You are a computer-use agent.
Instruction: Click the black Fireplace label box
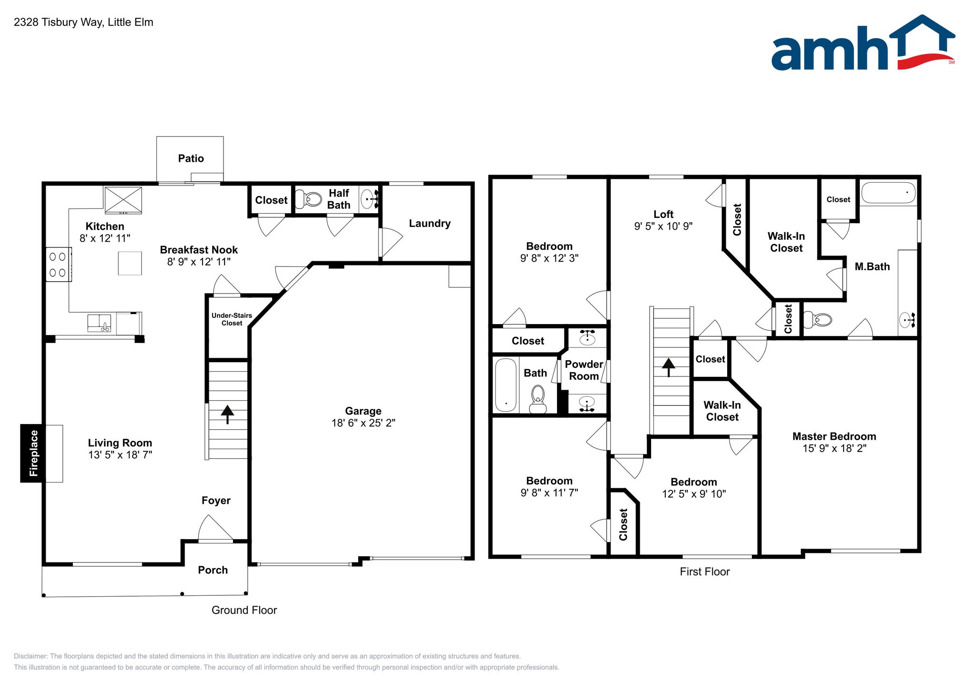click(x=33, y=453)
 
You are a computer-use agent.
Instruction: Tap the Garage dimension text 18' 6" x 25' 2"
click(x=363, y=423)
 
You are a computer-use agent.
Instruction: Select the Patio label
click(x=191, y=158)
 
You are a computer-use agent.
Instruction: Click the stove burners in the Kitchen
click(x=58, y=265)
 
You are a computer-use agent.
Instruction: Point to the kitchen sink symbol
click(x=99, y=323)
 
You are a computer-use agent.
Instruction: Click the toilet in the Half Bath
click(x=309, y=199)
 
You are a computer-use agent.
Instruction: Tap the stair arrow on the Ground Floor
click(x=227, y=413)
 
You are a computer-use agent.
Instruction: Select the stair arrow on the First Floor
click(x=669, y=367)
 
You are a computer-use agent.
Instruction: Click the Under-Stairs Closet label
click(x=232, y=319)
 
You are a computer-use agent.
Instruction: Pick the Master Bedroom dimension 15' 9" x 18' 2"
click(x=834, y=448)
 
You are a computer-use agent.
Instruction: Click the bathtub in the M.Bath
click(x=888, y=193)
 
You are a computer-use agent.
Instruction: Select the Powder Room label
click(x=584, y=370)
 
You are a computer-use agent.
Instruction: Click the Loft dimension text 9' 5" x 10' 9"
click(x=663, y=226)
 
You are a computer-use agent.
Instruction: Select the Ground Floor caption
click(x=244, y=610)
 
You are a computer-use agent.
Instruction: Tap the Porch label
click(x=213, y=570)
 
